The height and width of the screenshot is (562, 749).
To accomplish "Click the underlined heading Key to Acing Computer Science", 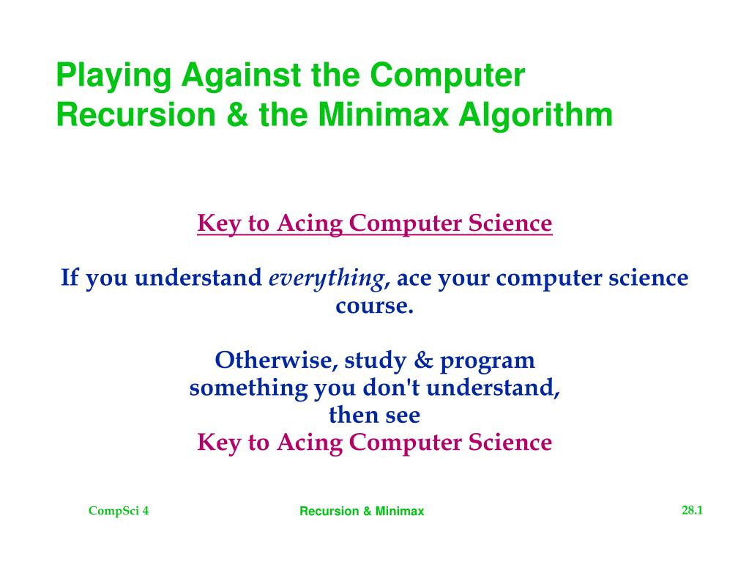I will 374,223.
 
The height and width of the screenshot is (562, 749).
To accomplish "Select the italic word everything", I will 327,278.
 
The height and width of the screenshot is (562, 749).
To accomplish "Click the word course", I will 374,306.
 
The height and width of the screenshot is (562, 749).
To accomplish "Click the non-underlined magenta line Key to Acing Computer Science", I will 374,443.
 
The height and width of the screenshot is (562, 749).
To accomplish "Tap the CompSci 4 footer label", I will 119,511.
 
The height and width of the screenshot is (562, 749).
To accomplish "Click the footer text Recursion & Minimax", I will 362,511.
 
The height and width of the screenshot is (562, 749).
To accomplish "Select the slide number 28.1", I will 692,510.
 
